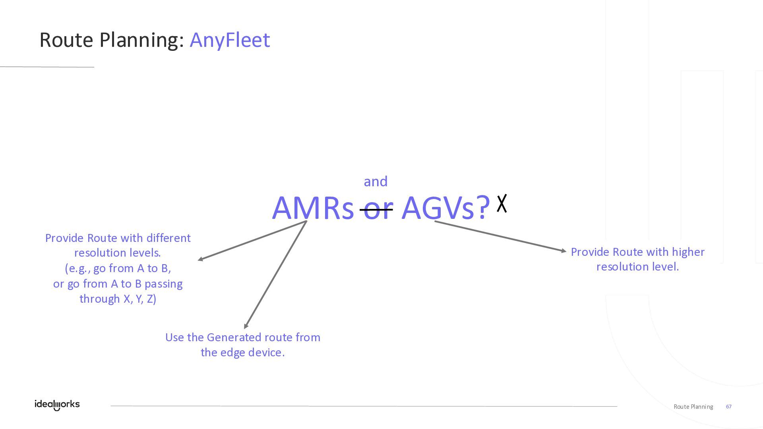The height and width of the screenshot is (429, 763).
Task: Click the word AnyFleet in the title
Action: click(x=230, y=40)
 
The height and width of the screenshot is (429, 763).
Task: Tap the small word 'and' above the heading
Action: click(x=376, y=182)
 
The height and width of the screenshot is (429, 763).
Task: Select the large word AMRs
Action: click(x=313, y=208)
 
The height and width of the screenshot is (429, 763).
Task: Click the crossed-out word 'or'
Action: click(x=376, y=209)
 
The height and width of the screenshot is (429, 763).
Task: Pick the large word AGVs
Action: click(x=438, y=208)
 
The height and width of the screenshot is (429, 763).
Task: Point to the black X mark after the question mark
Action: click(x=502, y=203)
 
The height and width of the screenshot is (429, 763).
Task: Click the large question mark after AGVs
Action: click(x=483, y=207)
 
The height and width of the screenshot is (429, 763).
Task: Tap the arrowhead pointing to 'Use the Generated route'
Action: click(x=246, y=326)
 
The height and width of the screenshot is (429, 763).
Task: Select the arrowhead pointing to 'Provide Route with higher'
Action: click(x=564, y=251)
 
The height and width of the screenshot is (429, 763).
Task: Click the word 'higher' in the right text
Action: click(x=688, y=252)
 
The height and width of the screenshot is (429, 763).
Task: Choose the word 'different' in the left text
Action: click(x=168, y=238)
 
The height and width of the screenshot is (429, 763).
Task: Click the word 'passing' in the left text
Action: click(x=163, y=284)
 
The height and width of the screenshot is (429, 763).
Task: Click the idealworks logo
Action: click(x=57, y=405)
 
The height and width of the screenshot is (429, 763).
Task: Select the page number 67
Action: click(x=729, y=407)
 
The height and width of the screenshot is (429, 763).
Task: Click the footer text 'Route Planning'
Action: click(x=693, y=407)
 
